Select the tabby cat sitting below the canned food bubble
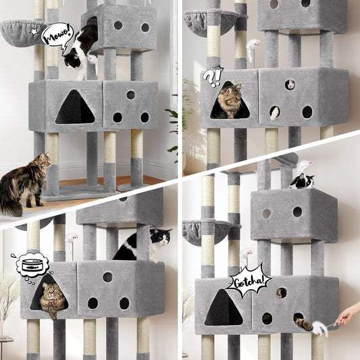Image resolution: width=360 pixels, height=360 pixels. coord(53,299)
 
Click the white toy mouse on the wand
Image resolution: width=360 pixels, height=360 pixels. coord(319,329)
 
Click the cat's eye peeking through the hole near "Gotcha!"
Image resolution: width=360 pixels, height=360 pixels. coord(280,292)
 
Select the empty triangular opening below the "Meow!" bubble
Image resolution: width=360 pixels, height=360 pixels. coord(74,109)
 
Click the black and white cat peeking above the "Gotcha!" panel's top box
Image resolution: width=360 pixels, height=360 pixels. coord(302,180)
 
